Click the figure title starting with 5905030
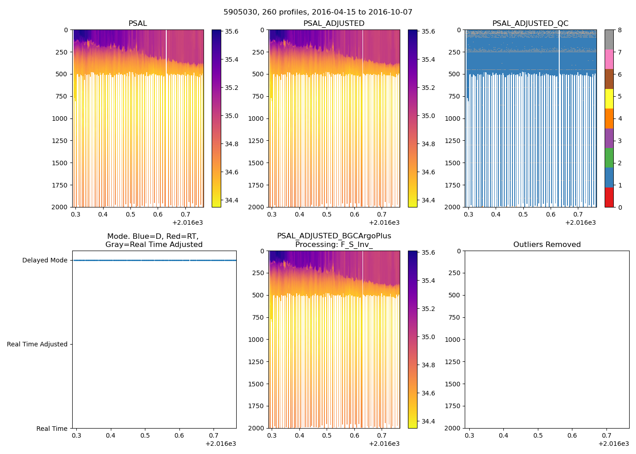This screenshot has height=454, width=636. (x=318, y=12)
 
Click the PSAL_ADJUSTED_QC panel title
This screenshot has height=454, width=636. (x=530, y=24)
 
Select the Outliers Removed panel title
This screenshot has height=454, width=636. (x=547, y=245)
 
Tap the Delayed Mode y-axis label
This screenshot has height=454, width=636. (x=45, y=261)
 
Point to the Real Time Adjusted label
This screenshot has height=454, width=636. (x=37, y=345)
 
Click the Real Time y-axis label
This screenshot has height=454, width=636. (x=52, y=429)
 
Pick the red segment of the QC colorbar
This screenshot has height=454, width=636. (x=609, y=197)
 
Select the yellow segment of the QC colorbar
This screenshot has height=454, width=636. (x=609, y=99)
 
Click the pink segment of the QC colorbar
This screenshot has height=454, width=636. (x=609, y=59)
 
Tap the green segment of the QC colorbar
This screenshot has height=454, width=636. (x=609, y=158)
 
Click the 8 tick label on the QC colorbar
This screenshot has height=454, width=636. (x=620, y=30)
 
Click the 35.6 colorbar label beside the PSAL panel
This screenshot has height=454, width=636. (x=232, y=32)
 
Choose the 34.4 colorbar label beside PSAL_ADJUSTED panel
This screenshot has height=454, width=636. (x=428, y=201)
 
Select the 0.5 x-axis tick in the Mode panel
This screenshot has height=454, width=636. (x=145, y=436)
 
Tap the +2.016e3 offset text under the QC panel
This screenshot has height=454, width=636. (x=580, y=223)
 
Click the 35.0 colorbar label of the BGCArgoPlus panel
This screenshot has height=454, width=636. (x=428, y=337)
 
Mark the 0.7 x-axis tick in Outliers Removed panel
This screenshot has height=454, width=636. (x=606, y=436)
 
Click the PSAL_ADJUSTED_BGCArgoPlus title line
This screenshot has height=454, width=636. (x=334, y=236)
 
